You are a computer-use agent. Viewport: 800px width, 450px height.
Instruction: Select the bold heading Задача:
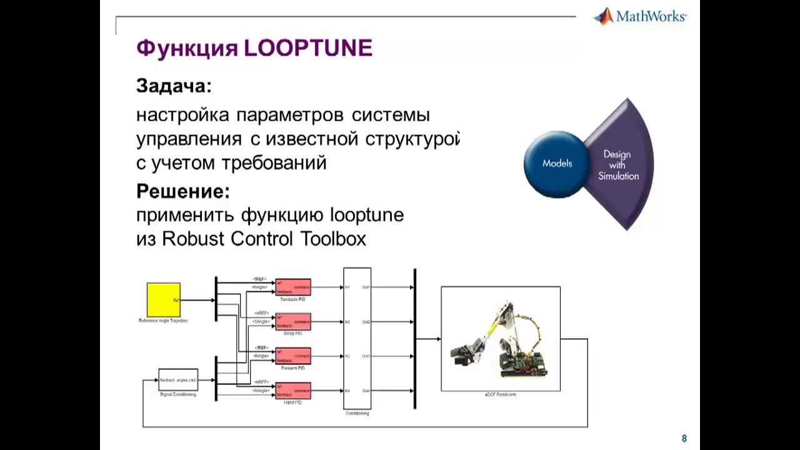click(x=174, y=86)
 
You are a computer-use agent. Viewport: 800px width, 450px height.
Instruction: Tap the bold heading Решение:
click(x=183, y=191)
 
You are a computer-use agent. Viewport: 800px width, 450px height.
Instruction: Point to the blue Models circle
click(x=557, y=164)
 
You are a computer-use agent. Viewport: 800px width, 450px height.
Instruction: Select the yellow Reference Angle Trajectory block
click(x=163, y=300)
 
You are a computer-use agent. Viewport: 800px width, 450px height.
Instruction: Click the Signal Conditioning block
click(x=178, y=380)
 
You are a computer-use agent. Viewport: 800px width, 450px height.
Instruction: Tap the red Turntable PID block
click(x=293, y=287)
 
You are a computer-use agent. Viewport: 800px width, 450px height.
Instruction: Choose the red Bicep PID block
click(x=293, y=322)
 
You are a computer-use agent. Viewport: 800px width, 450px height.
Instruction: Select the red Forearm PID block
click(x=293, y=356)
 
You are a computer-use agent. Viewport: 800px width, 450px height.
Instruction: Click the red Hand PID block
click(x=293, y=391)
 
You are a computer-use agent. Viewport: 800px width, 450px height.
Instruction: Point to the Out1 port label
click(x=366, y=287)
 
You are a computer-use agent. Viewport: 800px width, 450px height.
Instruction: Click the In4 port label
click(x=347, y=391)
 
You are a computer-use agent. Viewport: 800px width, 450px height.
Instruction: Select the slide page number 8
click(x=684, y=439)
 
